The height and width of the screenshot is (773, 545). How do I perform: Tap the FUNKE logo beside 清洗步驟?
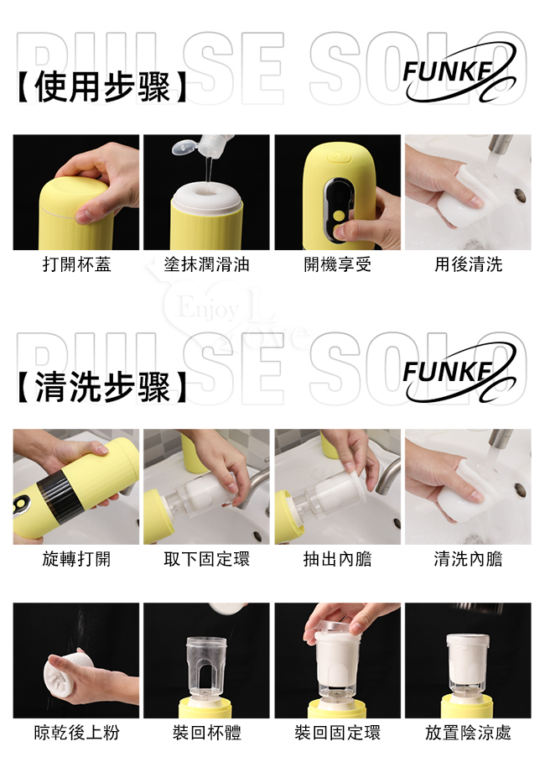[x=459, y=373]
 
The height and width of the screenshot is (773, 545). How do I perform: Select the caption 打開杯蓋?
[x=76, y=264]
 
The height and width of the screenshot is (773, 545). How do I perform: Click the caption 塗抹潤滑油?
[x=207, y=264]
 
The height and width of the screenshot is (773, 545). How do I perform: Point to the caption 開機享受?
[x=337, y=264]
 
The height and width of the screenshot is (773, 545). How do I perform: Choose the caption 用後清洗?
[x=468, y=264]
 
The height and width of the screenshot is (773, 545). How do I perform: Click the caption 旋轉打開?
[x=76, y=559]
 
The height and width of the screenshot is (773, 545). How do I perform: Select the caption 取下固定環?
[x=207, y=559]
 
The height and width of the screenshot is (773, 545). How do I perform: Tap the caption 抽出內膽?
[x=337, y=559]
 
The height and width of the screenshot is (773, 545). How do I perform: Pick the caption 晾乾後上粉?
[x=76, y=733]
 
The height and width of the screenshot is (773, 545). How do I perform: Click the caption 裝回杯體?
[x=207, y=733]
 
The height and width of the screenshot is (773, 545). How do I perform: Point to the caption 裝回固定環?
[x=337, y=733]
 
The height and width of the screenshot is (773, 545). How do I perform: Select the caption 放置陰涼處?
[x=468, y=733]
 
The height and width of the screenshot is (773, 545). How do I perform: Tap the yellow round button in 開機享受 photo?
[x=338, y=216]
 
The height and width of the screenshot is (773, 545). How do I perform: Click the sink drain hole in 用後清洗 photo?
[x=520, y=195]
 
